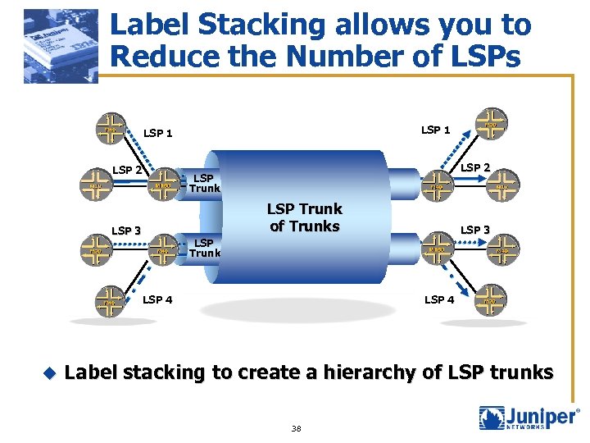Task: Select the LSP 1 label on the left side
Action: tap(157, 133)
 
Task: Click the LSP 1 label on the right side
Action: tap(435, 130)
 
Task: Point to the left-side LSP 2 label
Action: tap(127, 170)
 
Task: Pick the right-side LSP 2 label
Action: tap(475, 168)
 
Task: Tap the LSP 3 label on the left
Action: tap(126, 231)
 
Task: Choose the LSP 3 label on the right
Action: tap(474, 230)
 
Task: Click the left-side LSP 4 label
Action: tap(157, 299)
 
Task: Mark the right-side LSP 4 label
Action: tap(439, 299)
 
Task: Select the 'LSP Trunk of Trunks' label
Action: tap(304, 217)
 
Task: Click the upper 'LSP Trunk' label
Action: tap(204, 183)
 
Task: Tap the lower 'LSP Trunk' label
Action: tap(204, 248)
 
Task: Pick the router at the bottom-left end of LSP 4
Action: tap(109, 301)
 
